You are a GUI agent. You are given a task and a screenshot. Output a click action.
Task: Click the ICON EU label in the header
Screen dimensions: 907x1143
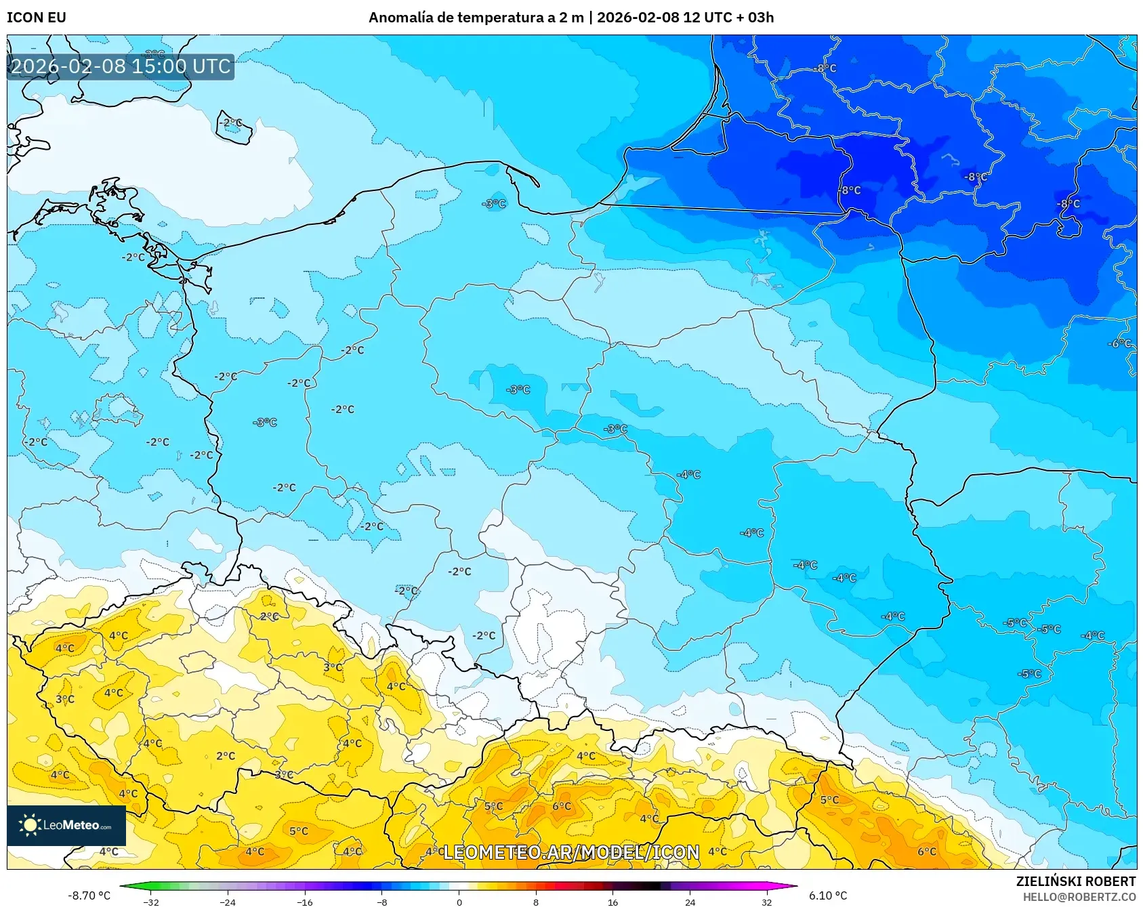[37, 18]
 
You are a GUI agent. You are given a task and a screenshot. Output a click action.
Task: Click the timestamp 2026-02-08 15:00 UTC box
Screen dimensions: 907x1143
[121, 66]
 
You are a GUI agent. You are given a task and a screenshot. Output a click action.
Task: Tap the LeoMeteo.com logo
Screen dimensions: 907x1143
[66, 825]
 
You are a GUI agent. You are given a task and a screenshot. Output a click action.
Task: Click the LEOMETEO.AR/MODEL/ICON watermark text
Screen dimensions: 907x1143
[571, 852]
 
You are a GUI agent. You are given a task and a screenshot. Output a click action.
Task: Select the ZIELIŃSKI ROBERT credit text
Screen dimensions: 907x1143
[1075, 881]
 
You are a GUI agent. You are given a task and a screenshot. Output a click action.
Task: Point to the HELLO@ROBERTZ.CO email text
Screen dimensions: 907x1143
[1079, 897]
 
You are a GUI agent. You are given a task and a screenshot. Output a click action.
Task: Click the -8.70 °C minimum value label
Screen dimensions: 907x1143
[89, 895]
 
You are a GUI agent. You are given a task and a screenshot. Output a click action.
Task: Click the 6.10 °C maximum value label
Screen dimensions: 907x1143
[828, 895]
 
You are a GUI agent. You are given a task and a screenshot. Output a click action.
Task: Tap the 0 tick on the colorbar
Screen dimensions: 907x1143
[459, 902]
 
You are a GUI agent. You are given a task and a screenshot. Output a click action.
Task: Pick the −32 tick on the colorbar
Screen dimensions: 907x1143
[151, 902]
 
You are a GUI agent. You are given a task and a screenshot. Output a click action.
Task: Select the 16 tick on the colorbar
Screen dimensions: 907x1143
[613, 902]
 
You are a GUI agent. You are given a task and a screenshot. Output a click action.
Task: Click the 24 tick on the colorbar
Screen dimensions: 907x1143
[690, 902]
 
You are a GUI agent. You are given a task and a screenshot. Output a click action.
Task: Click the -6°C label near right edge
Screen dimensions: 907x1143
[1119, 343]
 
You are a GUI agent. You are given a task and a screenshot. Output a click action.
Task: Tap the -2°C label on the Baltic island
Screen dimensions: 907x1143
[230, 123]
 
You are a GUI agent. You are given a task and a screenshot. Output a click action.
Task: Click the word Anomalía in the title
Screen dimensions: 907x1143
[400, 18]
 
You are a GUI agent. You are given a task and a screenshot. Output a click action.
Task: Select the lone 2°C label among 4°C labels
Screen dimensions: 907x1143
[226, 756]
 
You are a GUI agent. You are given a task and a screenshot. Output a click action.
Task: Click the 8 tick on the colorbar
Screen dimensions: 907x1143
[536, 902]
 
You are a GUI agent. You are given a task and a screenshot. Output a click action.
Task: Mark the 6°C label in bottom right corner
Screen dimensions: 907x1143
[927, 851]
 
